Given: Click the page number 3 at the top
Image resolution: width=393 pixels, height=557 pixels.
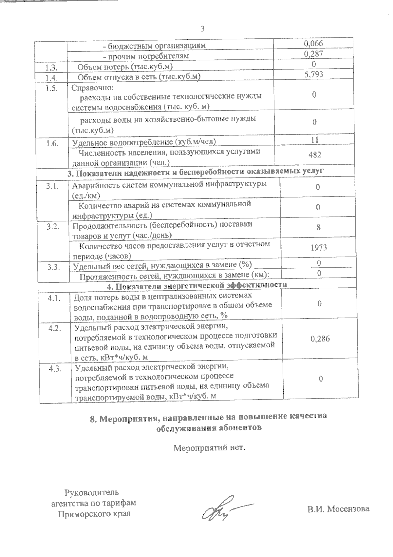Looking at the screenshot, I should [202, 29].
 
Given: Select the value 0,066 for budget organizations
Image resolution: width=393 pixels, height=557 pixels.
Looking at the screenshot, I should [313, 43].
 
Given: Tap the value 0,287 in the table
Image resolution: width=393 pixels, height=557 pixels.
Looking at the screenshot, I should [313, 54].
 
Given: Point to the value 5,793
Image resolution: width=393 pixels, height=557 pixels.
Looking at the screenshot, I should [314, 74].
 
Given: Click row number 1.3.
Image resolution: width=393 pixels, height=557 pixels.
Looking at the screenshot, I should [52, 68].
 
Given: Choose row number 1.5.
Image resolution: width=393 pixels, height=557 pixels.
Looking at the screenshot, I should [52, 88].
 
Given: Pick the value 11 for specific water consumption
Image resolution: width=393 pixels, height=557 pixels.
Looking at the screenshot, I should [314, 140].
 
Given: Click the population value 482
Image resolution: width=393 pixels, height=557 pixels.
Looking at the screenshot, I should [314, 155].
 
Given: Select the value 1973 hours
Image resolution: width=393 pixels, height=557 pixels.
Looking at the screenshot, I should [319, 247].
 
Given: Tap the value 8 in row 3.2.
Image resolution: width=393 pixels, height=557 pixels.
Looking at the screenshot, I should [318, 227].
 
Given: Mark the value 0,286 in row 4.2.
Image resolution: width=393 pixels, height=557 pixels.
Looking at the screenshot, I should [320, 339].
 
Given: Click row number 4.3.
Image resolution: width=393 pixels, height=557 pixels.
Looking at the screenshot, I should [55, 369].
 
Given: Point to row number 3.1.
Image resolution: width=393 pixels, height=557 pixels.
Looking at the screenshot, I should [52, 186].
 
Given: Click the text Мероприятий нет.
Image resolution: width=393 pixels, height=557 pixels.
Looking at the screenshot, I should [209, 447].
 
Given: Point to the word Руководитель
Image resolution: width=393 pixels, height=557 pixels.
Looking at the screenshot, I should [92, 492].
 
